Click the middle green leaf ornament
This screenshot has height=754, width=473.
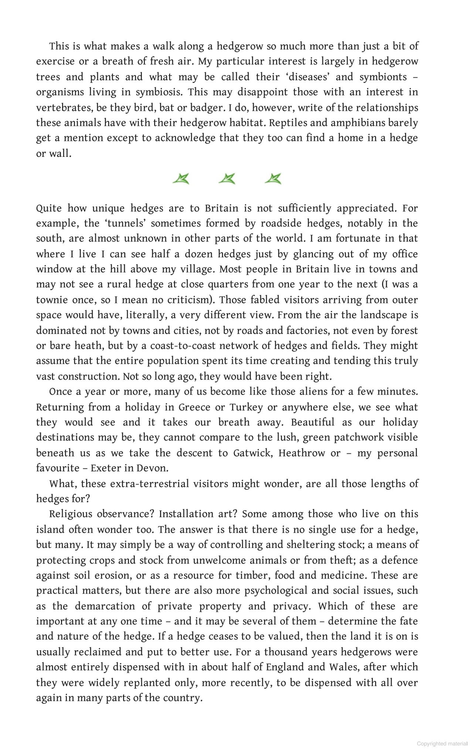pyautogui.click(x=227, y=179)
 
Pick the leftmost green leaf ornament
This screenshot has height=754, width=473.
pyautogui.click(x=181, y=179)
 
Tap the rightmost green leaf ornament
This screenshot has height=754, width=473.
pyautogui.click(x=273, y=179)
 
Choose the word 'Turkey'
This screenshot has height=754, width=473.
pyautogui.click(x=246, y=408)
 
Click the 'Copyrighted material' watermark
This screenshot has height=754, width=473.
pyautogui.click(x=441, y=744)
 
